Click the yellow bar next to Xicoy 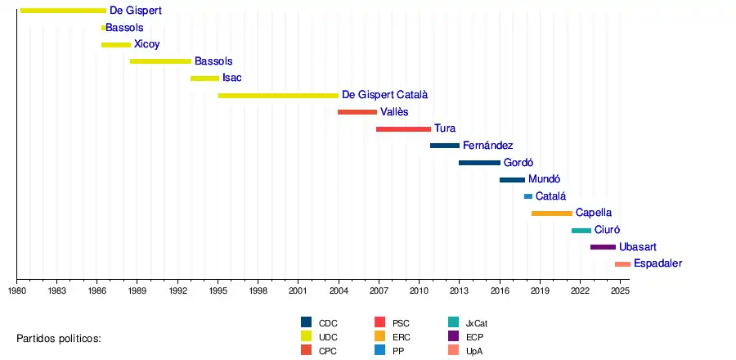tap(116, 44)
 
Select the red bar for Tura tap(403, 128)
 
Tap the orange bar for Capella tap(551, 213)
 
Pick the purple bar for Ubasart tap(603, 246)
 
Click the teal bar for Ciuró tap(581, 230)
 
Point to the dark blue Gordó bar tap(479, 162)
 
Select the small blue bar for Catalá tap(528, 196)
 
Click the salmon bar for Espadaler tap(622, 263)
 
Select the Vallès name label tap(394, 112)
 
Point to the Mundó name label tap(545, 179)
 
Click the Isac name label tap(232, 79)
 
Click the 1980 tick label tap(16, 290)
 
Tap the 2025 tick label tap(620, 290)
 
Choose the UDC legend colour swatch tap(307, 336)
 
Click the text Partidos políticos tap(59, 338)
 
